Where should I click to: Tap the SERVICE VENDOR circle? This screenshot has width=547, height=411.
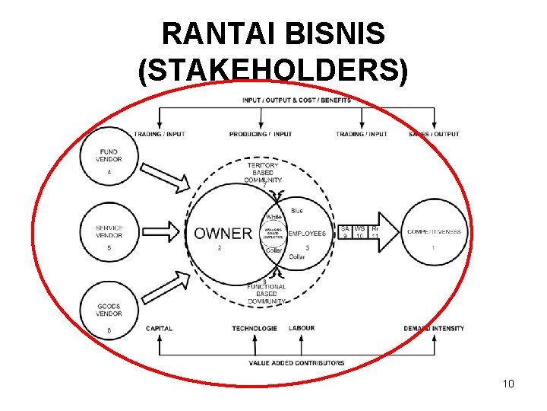[109, 233]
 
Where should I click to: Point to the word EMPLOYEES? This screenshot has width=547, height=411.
[307, 234]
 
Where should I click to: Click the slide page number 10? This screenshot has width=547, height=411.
[508, 384]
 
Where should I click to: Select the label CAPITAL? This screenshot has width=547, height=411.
[160, 329]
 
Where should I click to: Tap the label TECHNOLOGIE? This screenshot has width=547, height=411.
[255, 329]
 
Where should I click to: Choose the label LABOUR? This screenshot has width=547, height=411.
[302, 328]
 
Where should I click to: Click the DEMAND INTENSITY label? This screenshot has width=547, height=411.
[435, 329]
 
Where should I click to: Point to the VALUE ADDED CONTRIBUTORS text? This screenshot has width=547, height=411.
[296, 363]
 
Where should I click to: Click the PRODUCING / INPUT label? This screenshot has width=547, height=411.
[261, 134]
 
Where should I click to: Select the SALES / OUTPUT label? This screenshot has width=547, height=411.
[434, 134]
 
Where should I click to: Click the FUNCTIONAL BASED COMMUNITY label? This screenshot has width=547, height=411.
[266, 294]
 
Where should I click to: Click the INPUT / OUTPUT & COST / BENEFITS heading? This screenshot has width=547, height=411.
[296, 100]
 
